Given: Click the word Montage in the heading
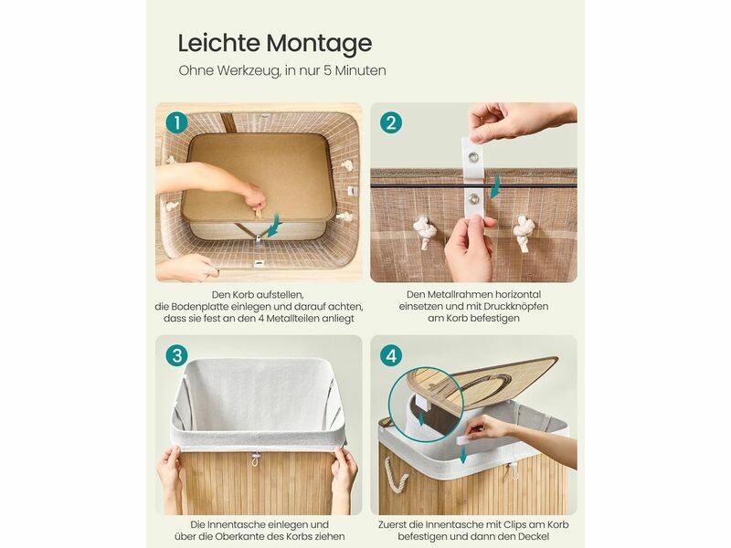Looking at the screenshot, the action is tap(319, 44).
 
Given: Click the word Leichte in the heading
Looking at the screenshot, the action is tap(219, 42).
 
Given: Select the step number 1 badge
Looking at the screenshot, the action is tap(176, 123).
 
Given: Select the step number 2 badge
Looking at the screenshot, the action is tap(391, 123).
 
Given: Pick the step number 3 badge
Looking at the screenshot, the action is tap(176, 356).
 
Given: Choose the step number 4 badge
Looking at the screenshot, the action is tap(391, 356).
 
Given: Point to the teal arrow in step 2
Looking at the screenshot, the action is tap(496, 185).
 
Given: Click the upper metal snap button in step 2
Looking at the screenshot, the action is tap(473, 156).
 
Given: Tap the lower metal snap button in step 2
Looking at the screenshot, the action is tap(474, 199).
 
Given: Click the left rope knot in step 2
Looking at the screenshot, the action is tap(425, 232).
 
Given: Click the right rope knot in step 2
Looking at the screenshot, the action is tap(524, 232).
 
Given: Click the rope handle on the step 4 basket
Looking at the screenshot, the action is tap(395, 474).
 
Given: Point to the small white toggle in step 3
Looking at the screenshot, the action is tap(255, 459).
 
